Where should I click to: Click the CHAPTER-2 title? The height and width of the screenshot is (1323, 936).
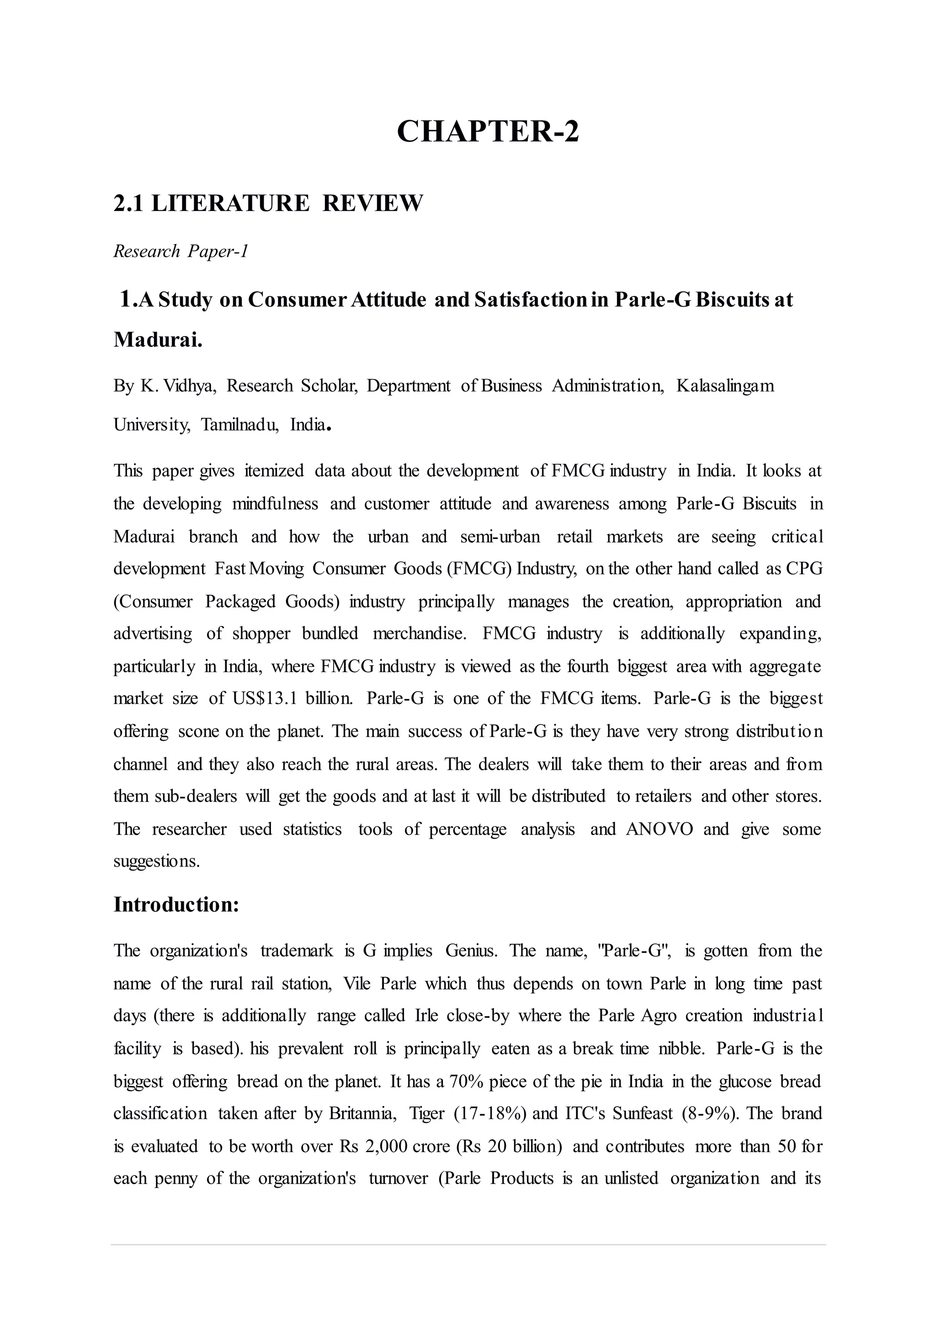pyautogui.click(x=488, y=132)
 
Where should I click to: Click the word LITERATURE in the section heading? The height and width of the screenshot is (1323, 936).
pyautogui.click(x=230, y=203)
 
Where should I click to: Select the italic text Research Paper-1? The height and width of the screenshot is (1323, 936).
pyautogui.click(x=181, y=251)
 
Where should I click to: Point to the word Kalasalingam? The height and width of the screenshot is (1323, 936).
pyautogui.click(x=724, y=386)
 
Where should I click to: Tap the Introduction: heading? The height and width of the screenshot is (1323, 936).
pyautogui.click(x=176, y=904)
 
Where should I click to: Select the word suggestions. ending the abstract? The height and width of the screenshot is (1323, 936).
pyautogui.click(x=157, y=862)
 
